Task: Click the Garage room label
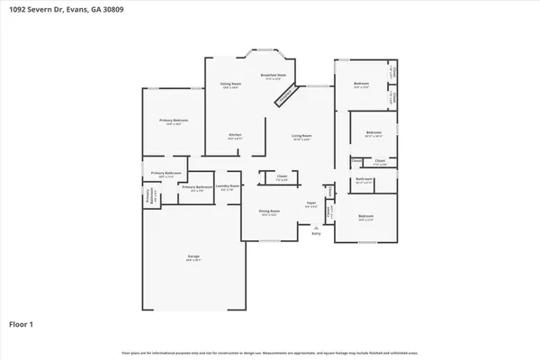193,258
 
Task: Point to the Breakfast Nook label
274,76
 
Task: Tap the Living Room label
301,136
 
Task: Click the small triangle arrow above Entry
316,228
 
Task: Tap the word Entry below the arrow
316,234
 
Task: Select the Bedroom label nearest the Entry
365,217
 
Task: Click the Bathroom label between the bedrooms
364,179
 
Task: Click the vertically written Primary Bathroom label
148,198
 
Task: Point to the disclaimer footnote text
270,352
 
